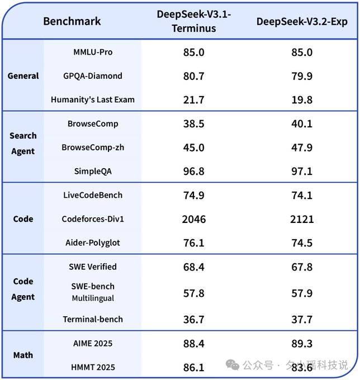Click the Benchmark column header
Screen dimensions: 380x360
click(x=72, y=22)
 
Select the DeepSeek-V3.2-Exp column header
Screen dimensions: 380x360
click(x=302, y=22)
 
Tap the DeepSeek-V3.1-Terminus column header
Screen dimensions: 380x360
click(x=193, y=22)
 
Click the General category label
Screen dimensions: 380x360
click(x=23, y=76)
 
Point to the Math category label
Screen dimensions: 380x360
click(x=23, y=355)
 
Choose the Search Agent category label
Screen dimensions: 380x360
click(x=23, y=143)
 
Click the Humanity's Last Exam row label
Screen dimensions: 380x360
click(x=93, y=100)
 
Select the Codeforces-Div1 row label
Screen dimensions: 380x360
click(x=93, y=219)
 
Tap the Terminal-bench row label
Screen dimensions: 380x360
click(x=93, y=319)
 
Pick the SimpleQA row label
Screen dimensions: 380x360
click(x=93, y=171)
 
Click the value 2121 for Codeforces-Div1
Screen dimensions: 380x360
click(x=302, y=219)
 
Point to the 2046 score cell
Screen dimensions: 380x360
click(x=193, y=219)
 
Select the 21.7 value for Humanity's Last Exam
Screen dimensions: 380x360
click(x=193, y=100)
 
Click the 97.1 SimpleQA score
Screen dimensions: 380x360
click(x=302, y=171)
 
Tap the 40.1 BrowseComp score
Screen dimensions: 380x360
click(x=302, y=123)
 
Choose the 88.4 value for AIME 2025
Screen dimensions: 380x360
click(x=193, y=343)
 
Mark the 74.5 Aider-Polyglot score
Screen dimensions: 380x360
click(x=302, y=243)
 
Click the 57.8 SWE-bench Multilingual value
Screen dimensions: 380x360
click(x=193, y=293)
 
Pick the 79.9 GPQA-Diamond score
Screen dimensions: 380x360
click(x=302, y=76)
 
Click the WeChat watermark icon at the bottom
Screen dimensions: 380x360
click(x=232, y=365)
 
